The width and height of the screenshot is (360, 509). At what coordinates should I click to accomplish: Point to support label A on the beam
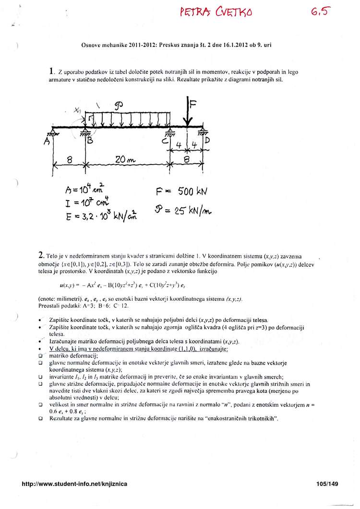pyautogui.click(x=47, y=143)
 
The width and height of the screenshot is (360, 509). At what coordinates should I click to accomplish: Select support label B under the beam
pyautogui.click(x=90, y=142)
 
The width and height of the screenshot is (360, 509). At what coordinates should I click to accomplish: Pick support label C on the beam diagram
pyautogui.click(x=165, y=142)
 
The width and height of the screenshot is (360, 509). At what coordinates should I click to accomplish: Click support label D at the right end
pyautogui.click(x=207, y=141)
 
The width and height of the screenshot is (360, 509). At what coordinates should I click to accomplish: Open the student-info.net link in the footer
pyautogui.click(x=75, y=485)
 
